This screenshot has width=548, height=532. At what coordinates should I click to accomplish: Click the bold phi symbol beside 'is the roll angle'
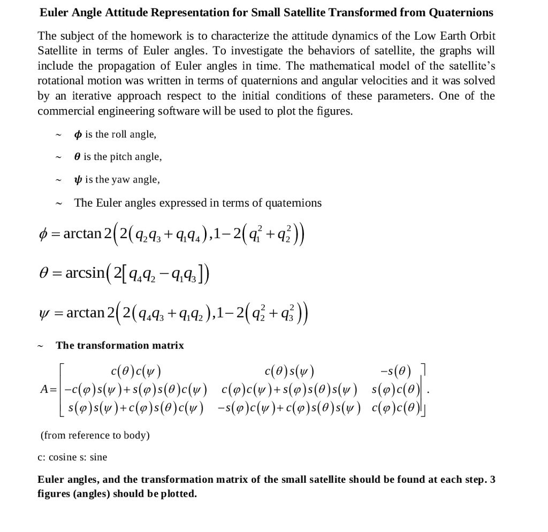[x=78, y=134]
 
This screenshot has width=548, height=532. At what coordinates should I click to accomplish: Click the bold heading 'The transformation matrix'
[x=120, y=346]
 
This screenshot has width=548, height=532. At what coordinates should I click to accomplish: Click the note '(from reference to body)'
[x=95, y=435]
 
